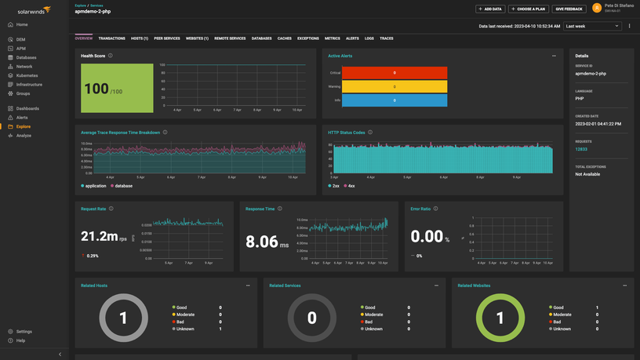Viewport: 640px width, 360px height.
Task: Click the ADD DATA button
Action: point(490,9)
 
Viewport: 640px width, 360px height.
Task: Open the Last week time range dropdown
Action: point(592,26)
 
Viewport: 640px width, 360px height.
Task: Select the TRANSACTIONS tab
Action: point(111,38)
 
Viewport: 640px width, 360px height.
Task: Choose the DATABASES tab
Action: point(261,38)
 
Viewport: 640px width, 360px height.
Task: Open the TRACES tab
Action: point(387,38)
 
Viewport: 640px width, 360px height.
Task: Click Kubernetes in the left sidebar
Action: point(27,75)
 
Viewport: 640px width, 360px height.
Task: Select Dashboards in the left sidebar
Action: point(27,108)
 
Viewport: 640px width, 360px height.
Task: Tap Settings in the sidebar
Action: point(24,332)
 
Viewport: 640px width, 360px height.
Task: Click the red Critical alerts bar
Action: point(395,73)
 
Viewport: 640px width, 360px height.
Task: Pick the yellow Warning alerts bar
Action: point(395,86)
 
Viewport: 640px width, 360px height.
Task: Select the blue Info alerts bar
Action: point(395,100)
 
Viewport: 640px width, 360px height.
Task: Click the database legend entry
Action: point(123,186)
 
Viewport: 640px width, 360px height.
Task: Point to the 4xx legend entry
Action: point(351,186)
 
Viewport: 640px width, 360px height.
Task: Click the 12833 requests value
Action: point(581,149)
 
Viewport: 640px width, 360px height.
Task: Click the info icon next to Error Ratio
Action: point(435,209)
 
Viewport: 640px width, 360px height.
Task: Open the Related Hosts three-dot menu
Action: point(248,285)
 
